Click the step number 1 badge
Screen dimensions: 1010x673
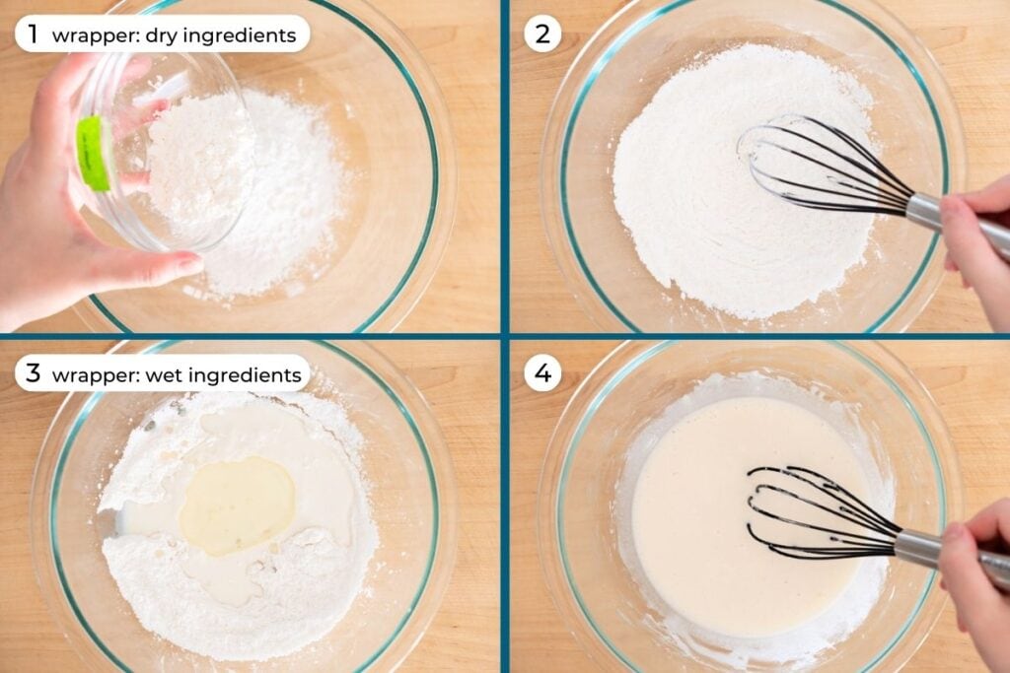[34, 34]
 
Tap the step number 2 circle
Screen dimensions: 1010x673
[542, 34]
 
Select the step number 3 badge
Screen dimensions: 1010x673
[34, 373]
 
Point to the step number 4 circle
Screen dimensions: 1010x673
[542, 373]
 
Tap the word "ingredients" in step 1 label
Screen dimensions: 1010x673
[240, 36]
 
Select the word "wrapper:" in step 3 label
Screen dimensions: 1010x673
[96, 376]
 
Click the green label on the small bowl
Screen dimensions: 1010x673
[94, 154]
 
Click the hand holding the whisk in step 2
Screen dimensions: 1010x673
[975, 239]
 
